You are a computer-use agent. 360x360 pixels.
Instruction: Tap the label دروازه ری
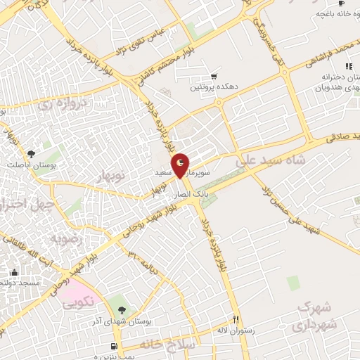pos(56,105)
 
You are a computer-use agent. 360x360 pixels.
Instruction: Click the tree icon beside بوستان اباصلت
pos(30,154)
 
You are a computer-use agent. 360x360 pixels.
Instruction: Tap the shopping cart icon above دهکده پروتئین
pos(214,77)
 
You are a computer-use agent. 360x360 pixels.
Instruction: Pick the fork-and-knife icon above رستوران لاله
pos(236,318)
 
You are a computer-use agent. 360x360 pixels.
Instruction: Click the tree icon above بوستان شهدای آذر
pos(122,309)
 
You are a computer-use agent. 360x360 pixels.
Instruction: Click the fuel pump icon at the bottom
pos(113,346)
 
